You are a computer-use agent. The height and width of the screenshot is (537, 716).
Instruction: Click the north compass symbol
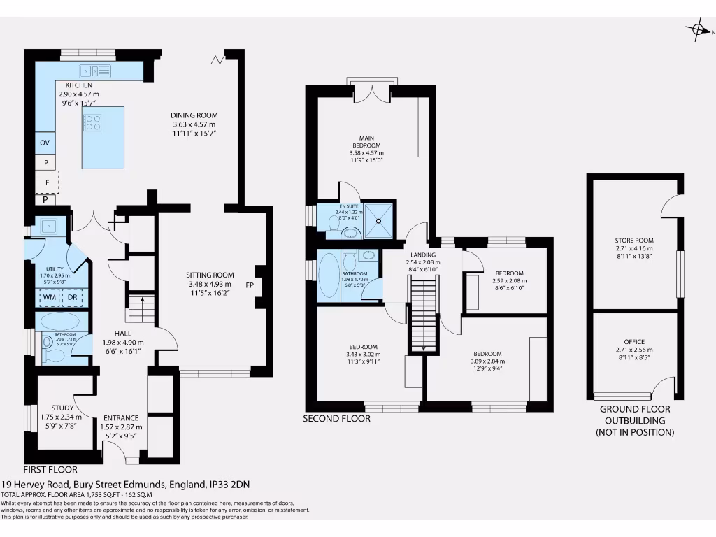[698, 29]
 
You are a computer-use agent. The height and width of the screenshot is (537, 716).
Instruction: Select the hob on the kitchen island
[93, 122]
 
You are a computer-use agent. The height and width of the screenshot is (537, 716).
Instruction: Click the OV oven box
[45, 143]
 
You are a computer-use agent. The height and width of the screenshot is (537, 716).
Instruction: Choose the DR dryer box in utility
[72, 297]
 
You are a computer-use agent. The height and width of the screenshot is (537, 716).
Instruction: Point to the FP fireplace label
[250, 285]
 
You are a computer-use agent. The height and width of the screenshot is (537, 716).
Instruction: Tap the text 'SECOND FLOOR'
[336, 419]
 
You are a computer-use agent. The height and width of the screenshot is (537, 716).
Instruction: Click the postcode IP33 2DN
[231, 484]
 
